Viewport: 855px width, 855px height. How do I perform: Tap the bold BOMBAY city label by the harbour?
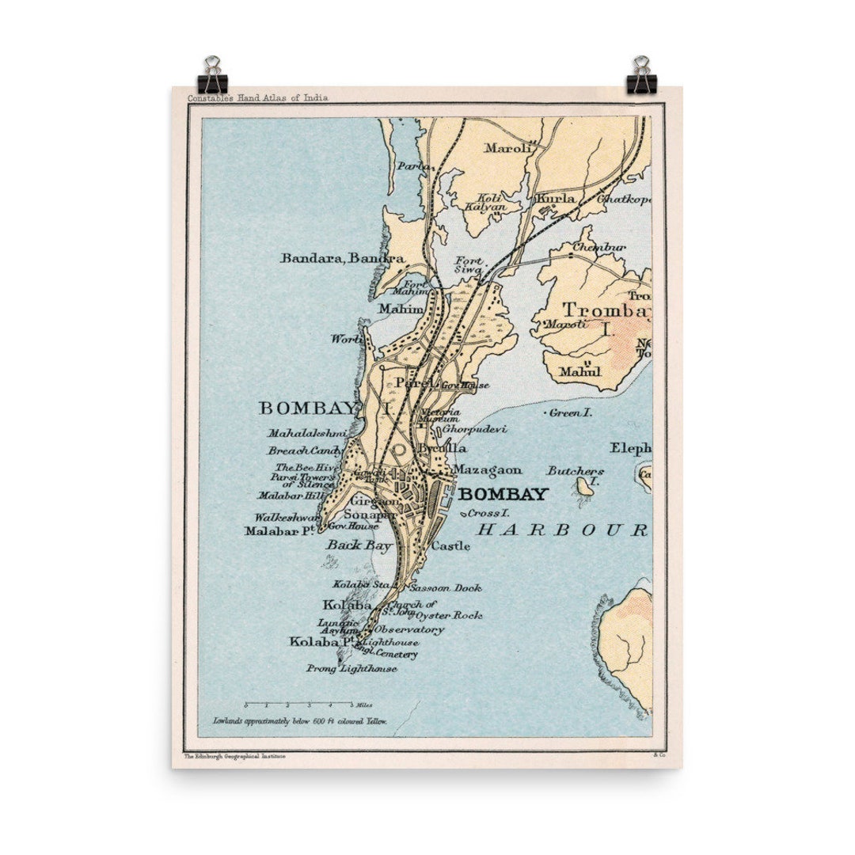pyautogui.click(x=503, y=495)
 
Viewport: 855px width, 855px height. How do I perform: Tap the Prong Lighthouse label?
pyautogui.click(x=351, y=669)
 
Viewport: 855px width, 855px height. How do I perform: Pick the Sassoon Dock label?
pyautogui.click(x=445, y=588)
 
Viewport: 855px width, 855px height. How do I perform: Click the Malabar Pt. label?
pyautogui.click(x=280, y=530)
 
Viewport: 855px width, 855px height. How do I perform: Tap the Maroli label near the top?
pyautogui.click(x=504, y=147)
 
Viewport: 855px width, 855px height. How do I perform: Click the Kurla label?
pyautogui.click(x=556, y=198)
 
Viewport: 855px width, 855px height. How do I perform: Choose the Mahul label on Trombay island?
pyautogui.click(x=575, y=370)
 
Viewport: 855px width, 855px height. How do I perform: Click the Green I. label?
pyautogui.click(x=570, y=412)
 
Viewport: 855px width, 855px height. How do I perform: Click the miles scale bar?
pyautogui.click(x=298, y=703)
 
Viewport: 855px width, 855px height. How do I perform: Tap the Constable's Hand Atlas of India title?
pyautogui.click(x=257, y=98)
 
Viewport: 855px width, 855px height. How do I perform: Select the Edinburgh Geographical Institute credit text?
pyautogui.click(x=235, y=757)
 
